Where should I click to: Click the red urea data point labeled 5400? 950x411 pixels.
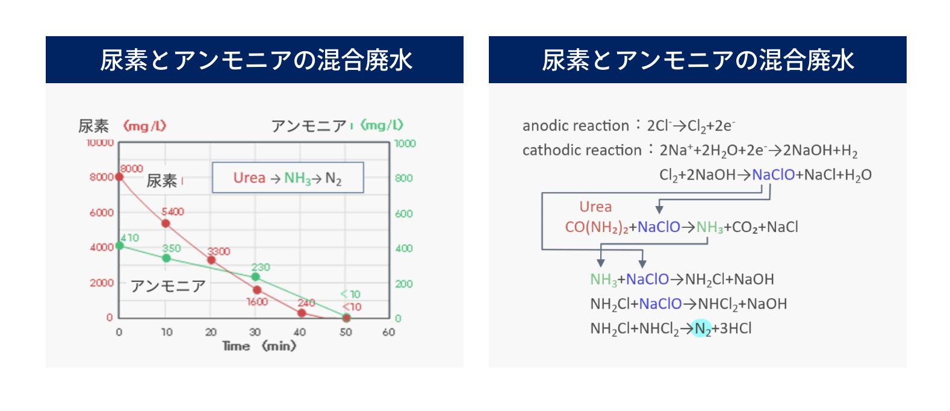point(166,224)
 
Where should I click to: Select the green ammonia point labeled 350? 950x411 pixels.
point(167,258)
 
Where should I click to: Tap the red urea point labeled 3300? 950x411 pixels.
point(211,260)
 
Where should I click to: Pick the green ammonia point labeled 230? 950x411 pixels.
point(255,277)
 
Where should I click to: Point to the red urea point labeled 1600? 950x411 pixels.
point(257,290)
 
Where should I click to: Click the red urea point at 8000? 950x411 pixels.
point(119,177)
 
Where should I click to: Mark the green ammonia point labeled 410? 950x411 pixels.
point(120,245)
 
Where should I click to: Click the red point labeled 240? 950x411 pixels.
point(302,313)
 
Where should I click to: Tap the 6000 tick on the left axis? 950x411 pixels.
point(102,212)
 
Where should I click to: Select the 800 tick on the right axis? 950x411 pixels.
point(404,178)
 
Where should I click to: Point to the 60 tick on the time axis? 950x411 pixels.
point(388,332)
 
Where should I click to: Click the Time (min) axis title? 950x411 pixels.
point(259,346)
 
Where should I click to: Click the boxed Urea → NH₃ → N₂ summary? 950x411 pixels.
point(288,177)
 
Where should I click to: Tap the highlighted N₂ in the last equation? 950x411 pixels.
point(701,328)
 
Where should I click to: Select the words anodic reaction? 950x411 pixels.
point(576,126)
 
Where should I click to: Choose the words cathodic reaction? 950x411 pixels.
point(582,150)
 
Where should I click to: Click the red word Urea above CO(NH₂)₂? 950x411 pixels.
point(595,207)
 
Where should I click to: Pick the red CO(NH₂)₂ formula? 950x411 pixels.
point(597,227)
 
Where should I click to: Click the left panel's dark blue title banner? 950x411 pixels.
point(255,60)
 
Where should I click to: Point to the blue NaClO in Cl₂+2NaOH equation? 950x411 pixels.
point(773,175)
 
